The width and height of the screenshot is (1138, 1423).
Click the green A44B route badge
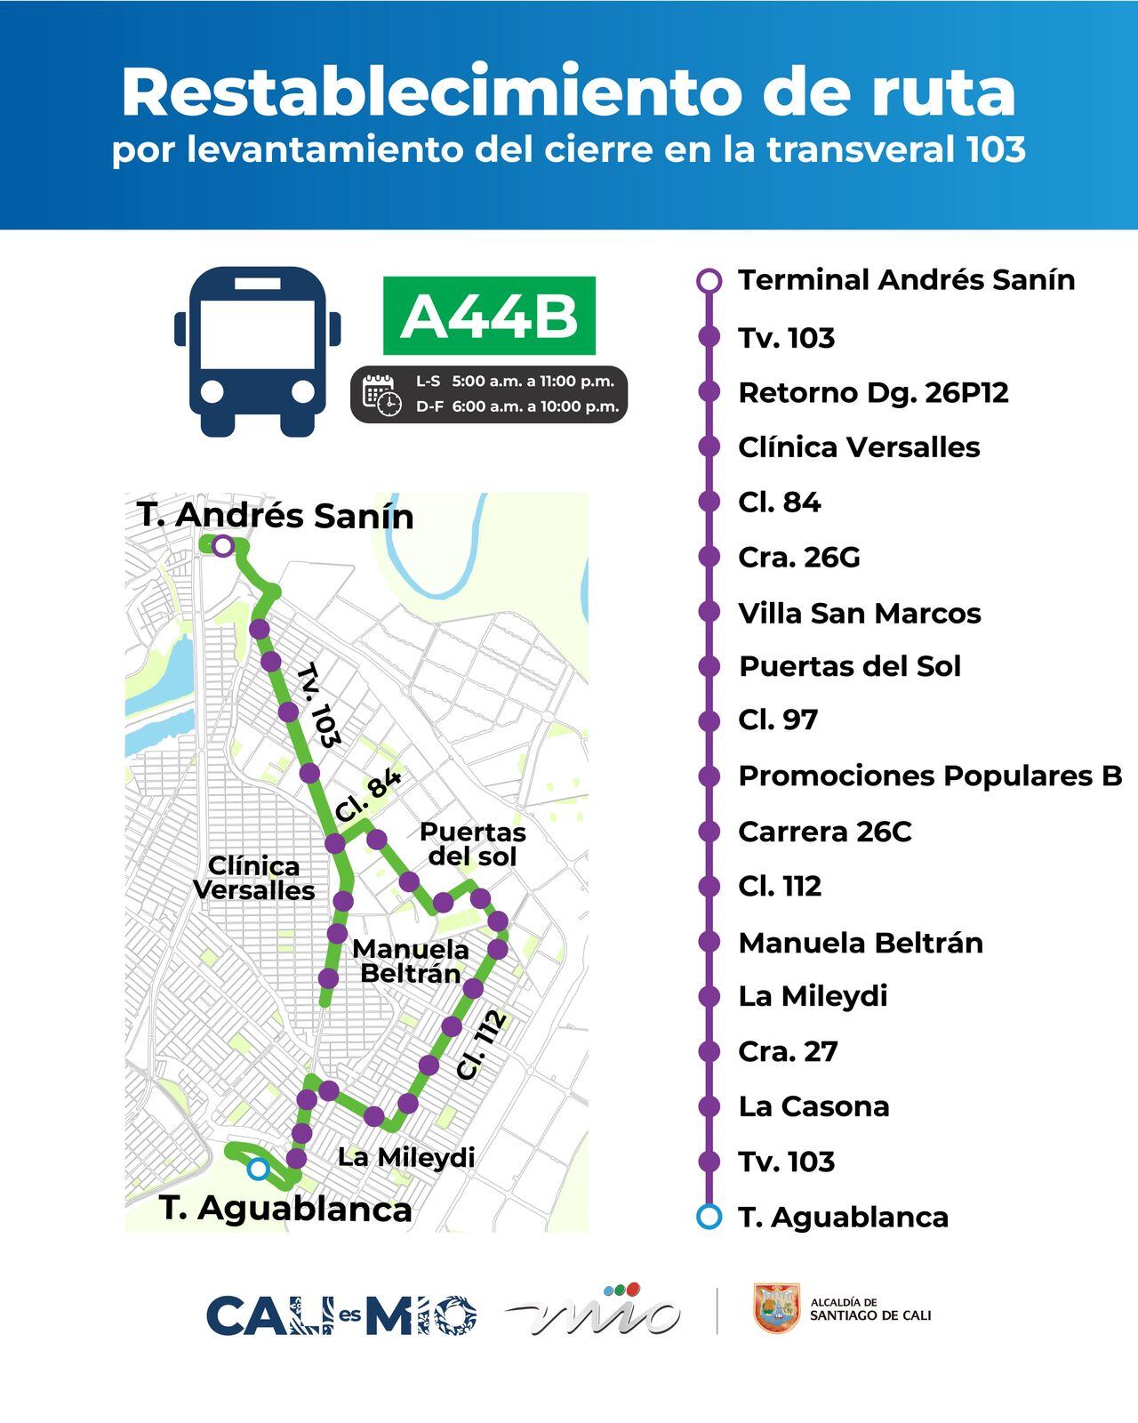pos(489,316)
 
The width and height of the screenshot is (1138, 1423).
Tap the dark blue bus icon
pos(258,350)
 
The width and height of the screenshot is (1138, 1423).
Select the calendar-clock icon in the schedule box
pos(382,394)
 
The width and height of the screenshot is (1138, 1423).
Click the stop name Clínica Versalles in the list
pos(859,447)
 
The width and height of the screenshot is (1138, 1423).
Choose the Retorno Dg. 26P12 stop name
pos(873,392)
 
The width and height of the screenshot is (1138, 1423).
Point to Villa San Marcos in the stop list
pos(859,613)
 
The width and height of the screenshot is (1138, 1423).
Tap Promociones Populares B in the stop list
pos(930,776)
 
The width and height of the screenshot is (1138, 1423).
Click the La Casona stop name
pos(813,1106)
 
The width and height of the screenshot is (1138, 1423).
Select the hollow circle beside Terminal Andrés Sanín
pos(709,281)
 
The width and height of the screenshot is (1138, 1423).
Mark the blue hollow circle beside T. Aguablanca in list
pos(709,1217)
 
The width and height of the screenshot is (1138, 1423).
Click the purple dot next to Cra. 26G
pos(709,557)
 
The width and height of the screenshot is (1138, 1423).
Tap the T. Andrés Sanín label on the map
pos(276,516)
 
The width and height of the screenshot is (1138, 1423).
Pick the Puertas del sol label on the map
pos(472,844)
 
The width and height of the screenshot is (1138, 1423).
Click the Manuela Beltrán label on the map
pos(410,961)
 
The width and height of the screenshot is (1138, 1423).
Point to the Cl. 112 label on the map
pos(482,1045)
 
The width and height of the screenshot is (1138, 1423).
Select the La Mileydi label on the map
pos(406,1157)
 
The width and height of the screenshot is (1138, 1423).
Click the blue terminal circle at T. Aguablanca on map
pos(258,1170)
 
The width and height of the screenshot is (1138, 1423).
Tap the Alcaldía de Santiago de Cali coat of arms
pos(776,1308)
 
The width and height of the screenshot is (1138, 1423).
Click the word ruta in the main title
pos(934,92)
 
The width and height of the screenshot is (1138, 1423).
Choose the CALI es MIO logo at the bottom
pos(341,1315)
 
